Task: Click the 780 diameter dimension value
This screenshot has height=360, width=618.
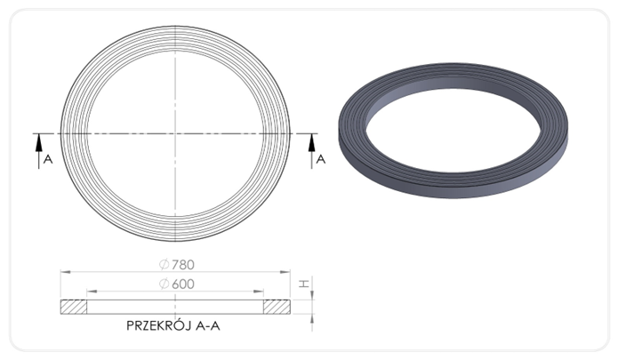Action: (183, 265)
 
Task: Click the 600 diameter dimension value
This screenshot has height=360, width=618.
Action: (183, 284)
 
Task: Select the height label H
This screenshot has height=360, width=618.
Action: (303, 284)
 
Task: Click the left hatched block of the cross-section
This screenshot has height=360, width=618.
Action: (74, 307)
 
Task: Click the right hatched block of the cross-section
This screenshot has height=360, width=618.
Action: (277, 307)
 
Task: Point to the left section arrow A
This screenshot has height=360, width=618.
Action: (38, 151)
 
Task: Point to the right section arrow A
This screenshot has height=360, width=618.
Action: (312, 151)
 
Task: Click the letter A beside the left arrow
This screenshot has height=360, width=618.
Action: (48, 159)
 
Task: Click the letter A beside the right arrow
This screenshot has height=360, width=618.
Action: (321, 159)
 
